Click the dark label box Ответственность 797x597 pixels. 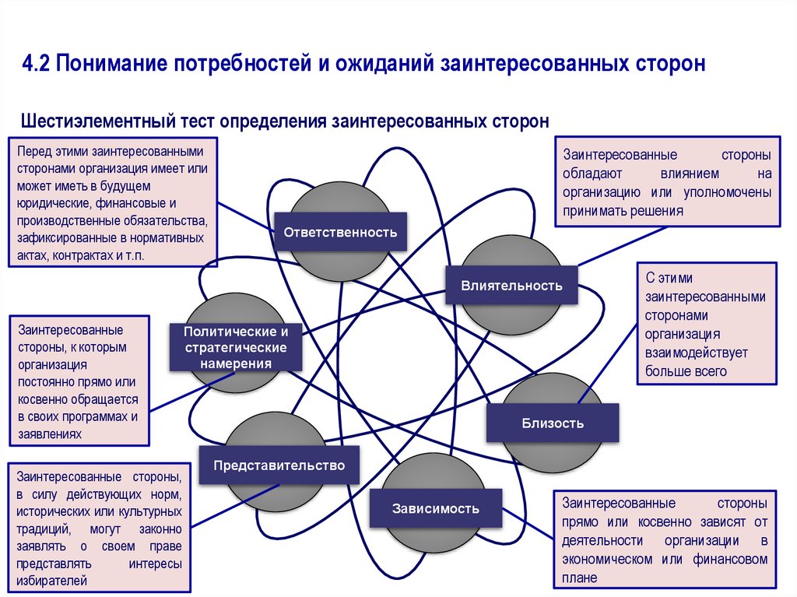click(x=340, y=232)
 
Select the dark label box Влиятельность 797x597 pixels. click(x=511, y=286)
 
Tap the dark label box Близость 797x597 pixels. click(x=553, y=423)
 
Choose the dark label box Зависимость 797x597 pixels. click(x=436, y=509)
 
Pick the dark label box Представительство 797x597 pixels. click(x=279, y=465)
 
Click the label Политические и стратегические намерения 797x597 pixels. click(x=236, y=347)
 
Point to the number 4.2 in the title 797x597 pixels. click(x=35, y=62)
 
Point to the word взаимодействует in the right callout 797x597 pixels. click(x=696, y=353)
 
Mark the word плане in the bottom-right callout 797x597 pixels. click(x=580, y=578)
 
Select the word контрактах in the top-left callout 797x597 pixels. click(x=78, y=255)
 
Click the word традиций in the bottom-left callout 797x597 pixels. click(x=44, y=529)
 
